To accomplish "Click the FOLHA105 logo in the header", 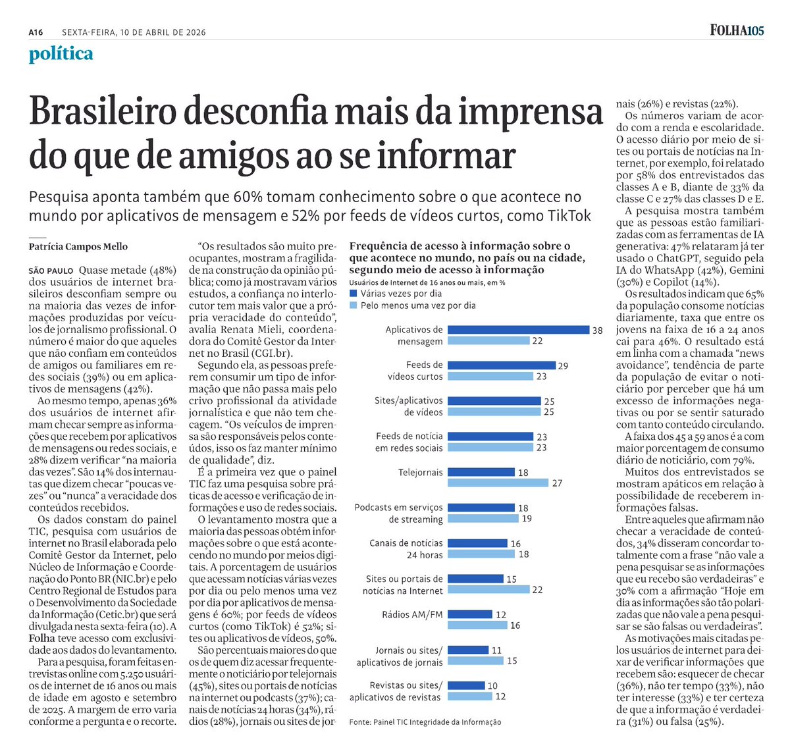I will pyautogui.click(x=737, y=30).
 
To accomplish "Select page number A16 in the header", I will pyautogui.click(x=36, y=32).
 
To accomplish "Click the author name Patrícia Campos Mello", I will pyautogui.click(x=78, y=246).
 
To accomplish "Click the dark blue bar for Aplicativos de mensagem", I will pyautogui.click(x=518, y=330).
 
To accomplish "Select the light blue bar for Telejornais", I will pyautogui.click(x=498, y=483).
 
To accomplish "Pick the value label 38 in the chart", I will pyautogui.click(x=597, y=331).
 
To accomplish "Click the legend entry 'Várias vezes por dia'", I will pyautogui.click(x=400, y=294).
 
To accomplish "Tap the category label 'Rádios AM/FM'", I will pyautogui.click(x=413, y=614).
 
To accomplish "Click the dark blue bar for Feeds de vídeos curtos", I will pyautogui.click(x=502, y=365).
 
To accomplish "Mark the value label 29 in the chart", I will pyautogui.click(x=563, y=366).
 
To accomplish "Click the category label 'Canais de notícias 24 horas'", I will pyautogui.click(x=406, y=549).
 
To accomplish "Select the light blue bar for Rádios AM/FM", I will pyautogui.click(x=477, y=625).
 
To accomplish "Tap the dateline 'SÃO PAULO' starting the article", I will pyautogui.click(x=51, y=271).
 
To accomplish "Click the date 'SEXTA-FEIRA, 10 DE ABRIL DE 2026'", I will pyautogui.click(x=134, y=32).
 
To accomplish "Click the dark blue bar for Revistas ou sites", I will pyautogui.click(x=466, y=685).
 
